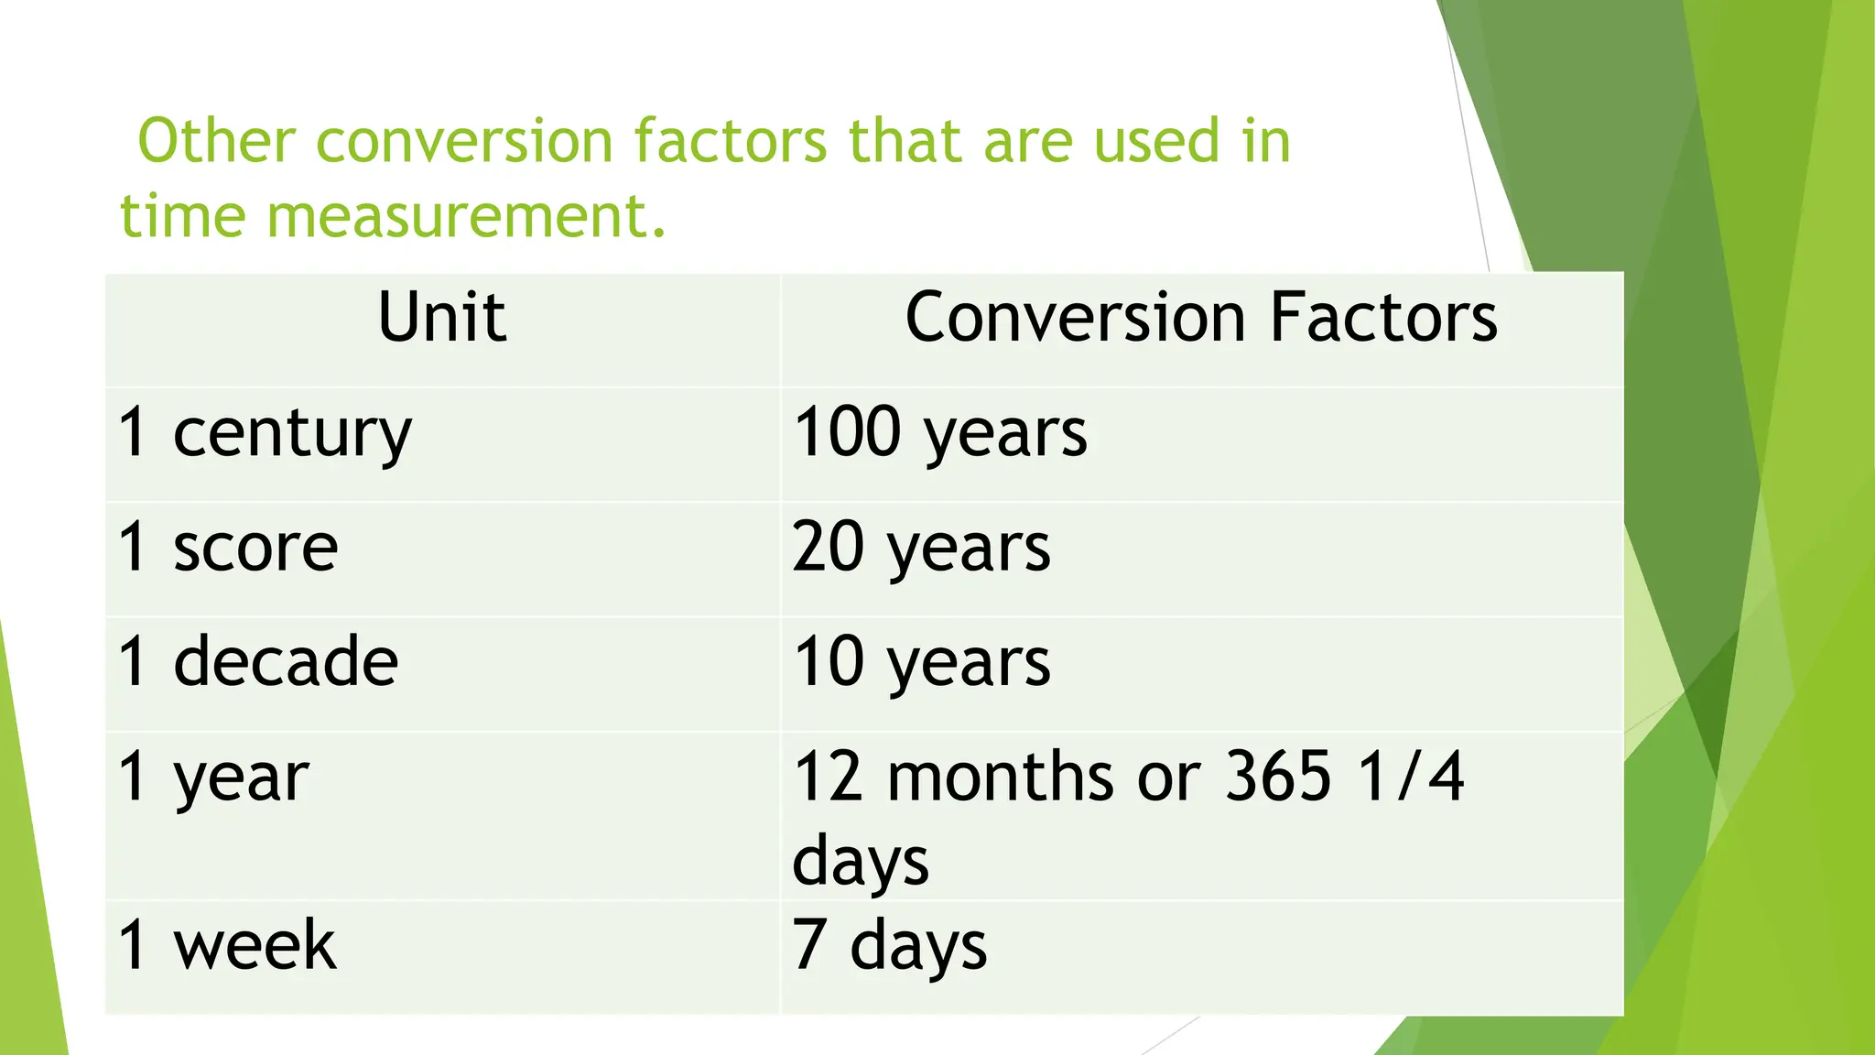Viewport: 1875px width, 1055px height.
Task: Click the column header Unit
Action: pyautogui.click(x=442, y=318)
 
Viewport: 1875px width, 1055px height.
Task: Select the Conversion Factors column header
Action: pyautogui.click(x=1201, y=318)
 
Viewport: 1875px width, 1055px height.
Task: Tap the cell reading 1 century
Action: pyautogui.click(x=265, y=433)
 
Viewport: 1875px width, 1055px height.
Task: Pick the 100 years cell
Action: pyautogui.click(x=939, y=433)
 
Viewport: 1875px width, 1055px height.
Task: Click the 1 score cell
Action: pyautogui.click(x=228, y=548)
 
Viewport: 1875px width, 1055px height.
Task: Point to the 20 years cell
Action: pyautogui.click(x=921, y=548)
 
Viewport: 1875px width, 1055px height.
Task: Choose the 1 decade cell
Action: pyautogui.click(x=258, y=661)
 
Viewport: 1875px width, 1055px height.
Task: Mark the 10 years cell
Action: pyautogui.click(x=921, y=661)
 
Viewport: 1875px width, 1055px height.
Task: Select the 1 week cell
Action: pyautogui.click(x=227, y=945)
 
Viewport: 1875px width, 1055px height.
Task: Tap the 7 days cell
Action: pyautogui.click(x=889, y=945)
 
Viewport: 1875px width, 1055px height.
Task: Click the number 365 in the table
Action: pyautogui.click(x=1277, y=777)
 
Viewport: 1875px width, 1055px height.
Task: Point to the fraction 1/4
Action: pyautogui.click(x=1411, y=777)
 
